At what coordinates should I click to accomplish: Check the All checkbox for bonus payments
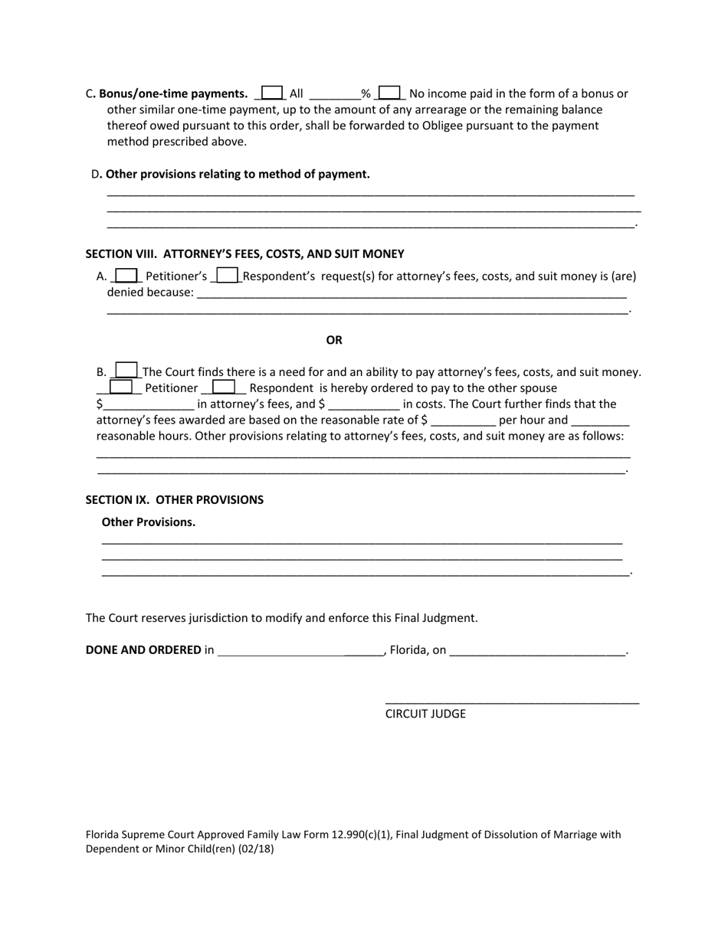coord(272,93)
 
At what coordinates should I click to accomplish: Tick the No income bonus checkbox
coord(389,93)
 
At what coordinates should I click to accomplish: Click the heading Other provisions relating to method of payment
coord(237,174)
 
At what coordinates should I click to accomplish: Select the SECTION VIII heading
coord(244,253)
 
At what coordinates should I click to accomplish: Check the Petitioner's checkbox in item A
coord(126,275)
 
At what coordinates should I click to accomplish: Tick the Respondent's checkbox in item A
coord(228,275)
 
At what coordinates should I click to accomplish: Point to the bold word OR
coord(334,340)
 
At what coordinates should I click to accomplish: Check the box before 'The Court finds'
coord(126,371)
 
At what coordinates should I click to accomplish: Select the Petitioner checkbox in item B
coord(121,388)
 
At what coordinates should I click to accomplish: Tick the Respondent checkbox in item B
coord(223,388)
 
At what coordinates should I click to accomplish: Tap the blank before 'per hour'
coord(463,420)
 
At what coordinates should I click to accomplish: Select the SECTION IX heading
coord(174,499)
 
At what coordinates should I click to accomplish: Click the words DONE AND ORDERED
coord(143,649)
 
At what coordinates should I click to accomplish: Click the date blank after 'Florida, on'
coord(537,651)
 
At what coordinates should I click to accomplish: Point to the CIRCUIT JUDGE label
coord(425,714)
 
